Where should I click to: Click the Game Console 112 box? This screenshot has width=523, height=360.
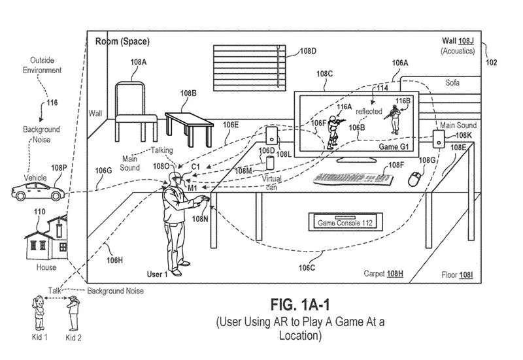coord(345,223)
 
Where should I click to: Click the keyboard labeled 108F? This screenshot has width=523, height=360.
coord(352,176)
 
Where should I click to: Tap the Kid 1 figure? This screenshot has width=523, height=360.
coord(38,312)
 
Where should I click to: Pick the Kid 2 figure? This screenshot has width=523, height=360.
coord(74,312)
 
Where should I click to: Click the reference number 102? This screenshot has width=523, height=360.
coord(491,63)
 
